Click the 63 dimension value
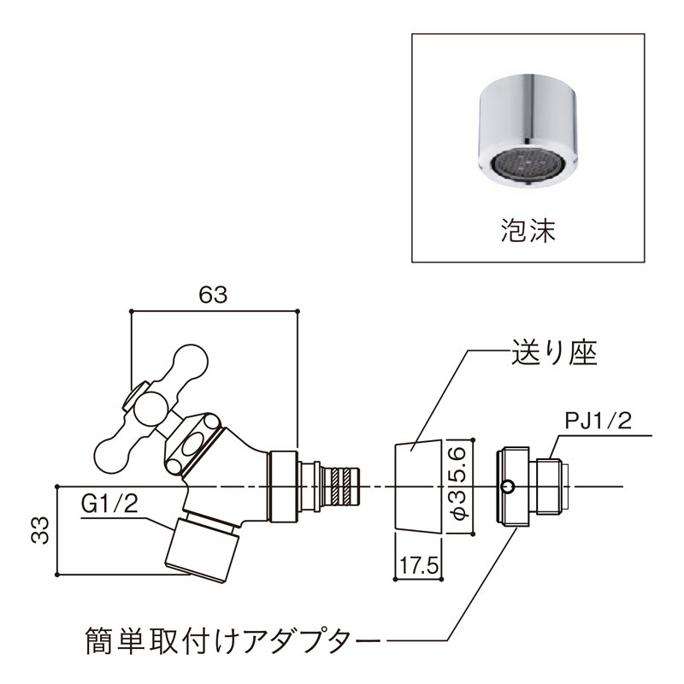pos(213,294)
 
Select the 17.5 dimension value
pos(419,566)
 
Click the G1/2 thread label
pos(109,504)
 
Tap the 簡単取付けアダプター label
pos(232,638)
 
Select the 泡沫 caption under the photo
pos(527,230)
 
